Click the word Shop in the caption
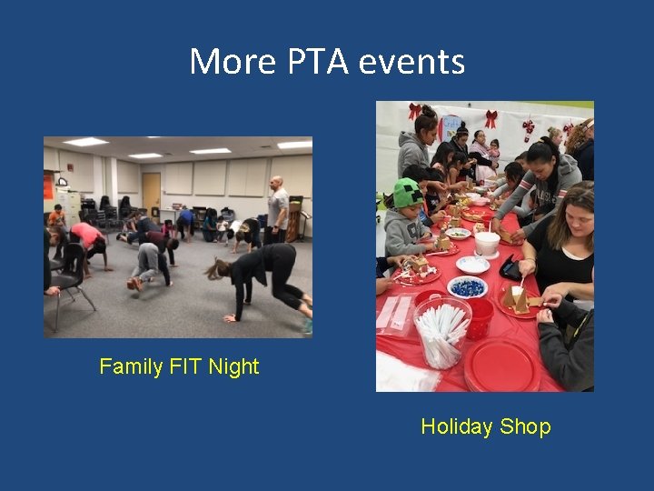[x=530, y=426]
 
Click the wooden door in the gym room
[x=151, y=192]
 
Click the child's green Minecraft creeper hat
[x=408, y=193]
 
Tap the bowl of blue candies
[x=468, y=287]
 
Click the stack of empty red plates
[x=501, y=364]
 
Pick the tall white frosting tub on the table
[x=487, y=243]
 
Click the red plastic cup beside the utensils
[x=480, y=317]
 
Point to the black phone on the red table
[x=510, y=267]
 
